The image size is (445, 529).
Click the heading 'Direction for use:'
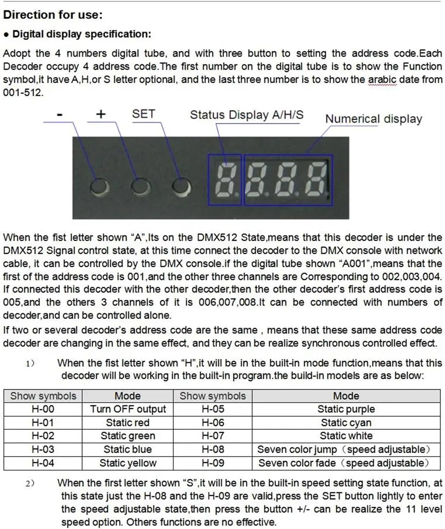[x=53, y=15]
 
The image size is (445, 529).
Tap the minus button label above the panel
[x=59, y=115]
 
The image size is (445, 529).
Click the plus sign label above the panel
[x=101, y=114]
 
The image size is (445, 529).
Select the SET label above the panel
[x=143, y=114]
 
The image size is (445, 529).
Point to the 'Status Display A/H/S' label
[x=246, y=115]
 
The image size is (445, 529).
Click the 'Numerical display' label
[x=373, y=119]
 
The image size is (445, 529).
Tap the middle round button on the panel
[x=140, y=186]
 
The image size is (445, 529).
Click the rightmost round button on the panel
[x=181, y=186]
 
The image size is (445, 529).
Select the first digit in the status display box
[x=224, y=180]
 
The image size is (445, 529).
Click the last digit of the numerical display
[x=317, y=180]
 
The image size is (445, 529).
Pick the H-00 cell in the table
[x=43, y=409]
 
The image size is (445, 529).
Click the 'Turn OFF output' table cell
[x=128, y=409]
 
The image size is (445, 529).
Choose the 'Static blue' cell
[x=128, y=450]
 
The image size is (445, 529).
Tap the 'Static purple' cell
[x=346, y=409]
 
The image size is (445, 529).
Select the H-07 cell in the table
[x=213, y=436]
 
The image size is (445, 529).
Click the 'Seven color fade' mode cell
[x=343, y=463]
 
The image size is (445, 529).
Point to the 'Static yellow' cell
[x=128, y=463]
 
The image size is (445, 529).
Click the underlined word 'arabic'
[x=382, y=80]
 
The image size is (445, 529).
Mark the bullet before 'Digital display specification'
[x=6, y=35]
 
